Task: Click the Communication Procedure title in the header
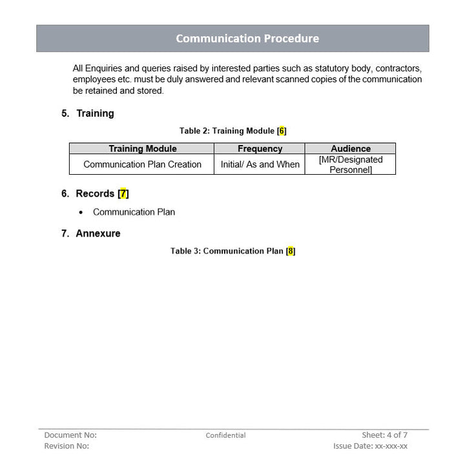point(247,39)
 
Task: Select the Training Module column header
point(142,148)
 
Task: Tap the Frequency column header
point(260,148)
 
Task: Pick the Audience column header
point(351,148)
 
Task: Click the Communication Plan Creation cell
point(142,164)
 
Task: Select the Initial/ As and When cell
point(260,164)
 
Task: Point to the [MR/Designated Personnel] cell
point(351,164)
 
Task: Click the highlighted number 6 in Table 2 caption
point(282,131)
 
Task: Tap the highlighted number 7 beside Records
point(123,193)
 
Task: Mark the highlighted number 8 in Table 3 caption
point(291,251)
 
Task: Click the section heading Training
point(95,114)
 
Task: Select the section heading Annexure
point(98,233)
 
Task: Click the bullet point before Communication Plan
point(81,212)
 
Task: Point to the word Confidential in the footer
point(225,435)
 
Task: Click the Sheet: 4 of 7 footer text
point(384,435)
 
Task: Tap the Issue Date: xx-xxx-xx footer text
point(370,446)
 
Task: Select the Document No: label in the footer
point(70,435)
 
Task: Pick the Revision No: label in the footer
point(67,446)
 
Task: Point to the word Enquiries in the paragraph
point(105,68)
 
